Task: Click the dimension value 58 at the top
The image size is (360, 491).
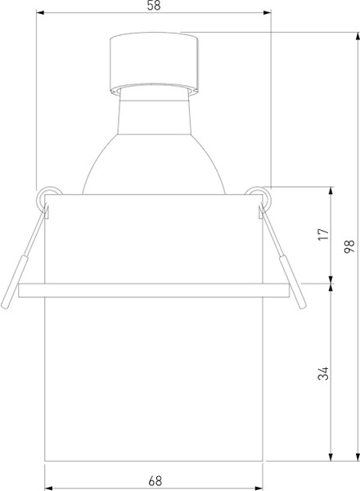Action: tap(154, 7)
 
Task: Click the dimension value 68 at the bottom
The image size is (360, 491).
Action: tap(154, 476)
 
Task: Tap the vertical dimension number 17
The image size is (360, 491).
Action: tap(324, 235)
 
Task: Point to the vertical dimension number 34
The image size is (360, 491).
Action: tap(324, 373)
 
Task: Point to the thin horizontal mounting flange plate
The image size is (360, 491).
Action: tap(153, 288)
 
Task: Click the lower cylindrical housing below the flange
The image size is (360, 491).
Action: tap(153, 376)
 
